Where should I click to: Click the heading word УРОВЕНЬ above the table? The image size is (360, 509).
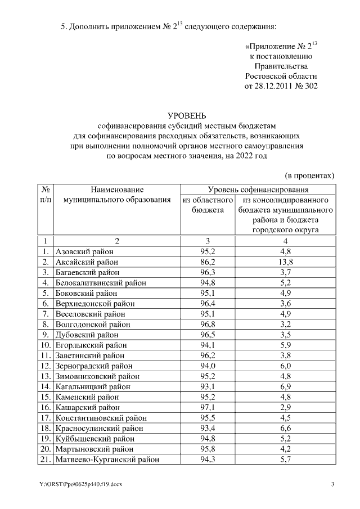199,115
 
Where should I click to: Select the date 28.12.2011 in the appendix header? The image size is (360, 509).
267,86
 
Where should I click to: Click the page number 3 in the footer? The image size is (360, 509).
333,485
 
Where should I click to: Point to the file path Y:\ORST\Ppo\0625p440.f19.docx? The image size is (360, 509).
80,485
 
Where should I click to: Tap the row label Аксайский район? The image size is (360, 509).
84,262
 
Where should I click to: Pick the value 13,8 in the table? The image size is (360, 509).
286,262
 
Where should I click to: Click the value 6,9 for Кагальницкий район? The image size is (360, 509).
286,386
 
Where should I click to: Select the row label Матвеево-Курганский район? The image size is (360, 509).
107,460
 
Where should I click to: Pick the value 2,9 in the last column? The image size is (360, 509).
286,407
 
